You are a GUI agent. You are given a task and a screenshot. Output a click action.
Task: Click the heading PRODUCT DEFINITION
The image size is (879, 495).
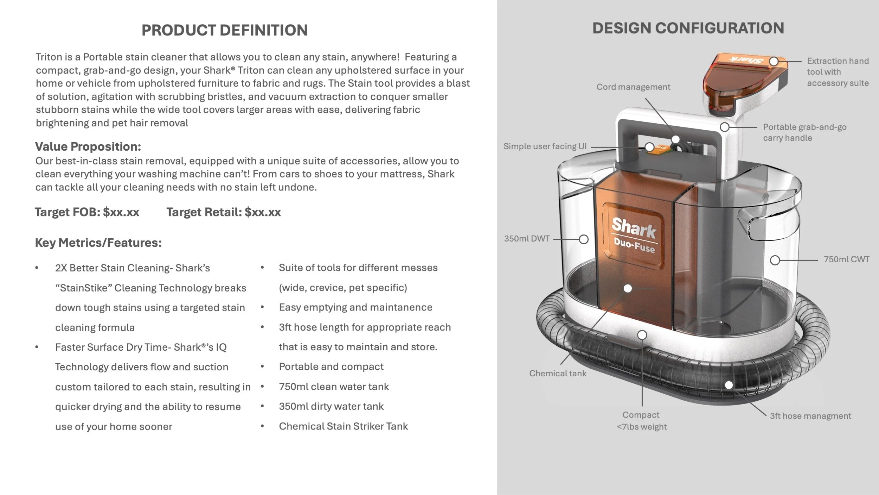(x=224, y=30)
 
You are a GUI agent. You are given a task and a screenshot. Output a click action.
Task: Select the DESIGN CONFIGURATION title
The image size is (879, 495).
(x=688, y=28)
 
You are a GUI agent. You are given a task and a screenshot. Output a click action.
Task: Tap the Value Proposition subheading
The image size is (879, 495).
(x=88, y=146)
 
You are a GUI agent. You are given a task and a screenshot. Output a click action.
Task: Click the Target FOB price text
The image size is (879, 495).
(x=87, y=212)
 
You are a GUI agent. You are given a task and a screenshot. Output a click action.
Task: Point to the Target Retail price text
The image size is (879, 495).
(x=224, y=212)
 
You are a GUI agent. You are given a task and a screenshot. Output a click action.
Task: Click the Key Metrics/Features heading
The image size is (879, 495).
(x=98, y=243)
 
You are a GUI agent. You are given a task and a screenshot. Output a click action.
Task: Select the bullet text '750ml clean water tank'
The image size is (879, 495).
(x=334, y=387)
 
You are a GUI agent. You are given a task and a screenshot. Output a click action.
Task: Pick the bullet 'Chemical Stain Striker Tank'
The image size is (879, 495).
(x=343, y=426)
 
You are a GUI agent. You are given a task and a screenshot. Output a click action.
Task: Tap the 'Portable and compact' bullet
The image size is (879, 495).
(x=331, y=366)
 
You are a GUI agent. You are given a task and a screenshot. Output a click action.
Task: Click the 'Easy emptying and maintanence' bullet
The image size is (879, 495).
(x=355, y=307)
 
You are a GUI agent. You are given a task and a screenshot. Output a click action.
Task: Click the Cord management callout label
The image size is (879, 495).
(x=633, y=87)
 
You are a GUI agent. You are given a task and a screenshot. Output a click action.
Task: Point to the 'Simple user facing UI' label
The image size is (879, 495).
(x=545, y=146)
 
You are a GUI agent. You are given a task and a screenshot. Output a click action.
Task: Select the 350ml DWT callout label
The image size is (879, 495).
(x=526, y=239)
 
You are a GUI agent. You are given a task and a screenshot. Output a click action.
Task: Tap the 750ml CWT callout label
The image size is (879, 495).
(x=846, y=259)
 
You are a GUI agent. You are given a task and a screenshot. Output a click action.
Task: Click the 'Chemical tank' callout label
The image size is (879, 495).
(x=558, y=373)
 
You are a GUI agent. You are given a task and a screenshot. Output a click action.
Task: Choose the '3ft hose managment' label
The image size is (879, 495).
(x=810, y=416)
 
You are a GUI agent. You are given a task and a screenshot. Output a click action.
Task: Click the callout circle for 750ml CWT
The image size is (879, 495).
(x=775, y=261)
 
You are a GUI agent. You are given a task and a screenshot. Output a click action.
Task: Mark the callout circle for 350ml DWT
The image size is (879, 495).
(x=584, y=239)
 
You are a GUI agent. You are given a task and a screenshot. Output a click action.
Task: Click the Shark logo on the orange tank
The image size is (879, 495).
(x=634, y=228)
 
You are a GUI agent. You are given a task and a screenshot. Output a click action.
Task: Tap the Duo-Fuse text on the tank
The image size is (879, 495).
(x=634, y=245)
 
